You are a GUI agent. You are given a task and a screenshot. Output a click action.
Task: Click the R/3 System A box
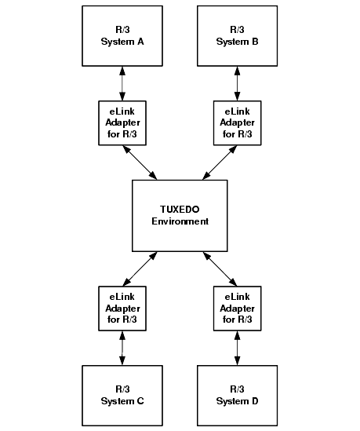tap(122, 36)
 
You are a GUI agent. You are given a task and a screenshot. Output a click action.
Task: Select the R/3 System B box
tap(237, 36)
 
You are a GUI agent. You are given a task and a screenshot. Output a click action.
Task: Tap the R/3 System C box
tap(122, 396)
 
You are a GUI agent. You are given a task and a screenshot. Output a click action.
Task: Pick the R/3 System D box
tap(237, 396)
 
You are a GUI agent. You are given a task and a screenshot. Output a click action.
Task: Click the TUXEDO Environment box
tap(180, 216)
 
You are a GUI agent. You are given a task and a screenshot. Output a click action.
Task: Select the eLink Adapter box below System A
tap(122, 123)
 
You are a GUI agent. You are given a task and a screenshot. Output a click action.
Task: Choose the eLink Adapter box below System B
tap(237, 123)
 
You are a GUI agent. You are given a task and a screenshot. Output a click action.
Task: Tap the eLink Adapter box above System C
tap(122, 309)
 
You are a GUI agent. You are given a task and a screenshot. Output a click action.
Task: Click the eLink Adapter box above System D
tap(237, 309)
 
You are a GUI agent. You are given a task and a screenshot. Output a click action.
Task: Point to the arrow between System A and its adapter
tap(122, 83)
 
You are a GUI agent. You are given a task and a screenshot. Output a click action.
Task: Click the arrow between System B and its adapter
tap(237, 83)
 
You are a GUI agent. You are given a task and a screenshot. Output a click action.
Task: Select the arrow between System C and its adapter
tap(122, 349)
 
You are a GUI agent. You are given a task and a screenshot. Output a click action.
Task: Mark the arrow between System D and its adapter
tap(237, 349)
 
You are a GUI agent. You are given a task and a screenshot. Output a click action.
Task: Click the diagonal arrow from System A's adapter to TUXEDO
tap(140, 163)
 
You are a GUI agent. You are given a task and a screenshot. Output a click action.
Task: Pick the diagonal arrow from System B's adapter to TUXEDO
tap(220, 163)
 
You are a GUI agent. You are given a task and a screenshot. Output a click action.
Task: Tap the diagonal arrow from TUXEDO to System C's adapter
tap(140, 268)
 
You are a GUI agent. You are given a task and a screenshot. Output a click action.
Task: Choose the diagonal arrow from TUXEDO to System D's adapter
tap(220, 268)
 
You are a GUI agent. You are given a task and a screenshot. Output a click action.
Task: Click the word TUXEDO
tap(180, 210)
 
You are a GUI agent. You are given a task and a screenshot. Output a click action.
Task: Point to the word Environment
tap(180, 221)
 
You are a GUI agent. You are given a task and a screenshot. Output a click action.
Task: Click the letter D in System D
tap(255, 401)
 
